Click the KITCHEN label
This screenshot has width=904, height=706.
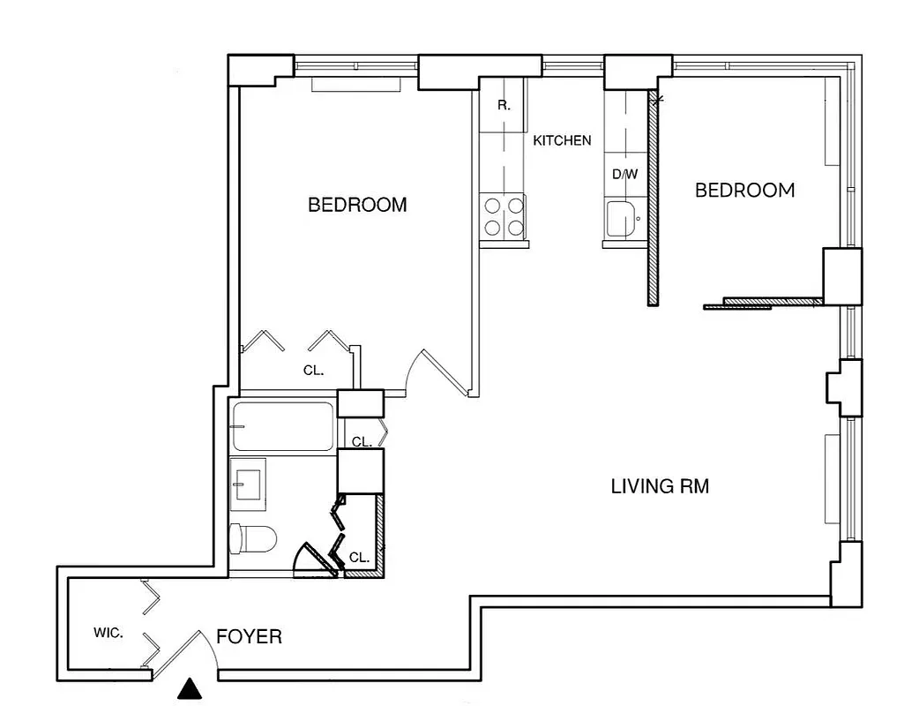(562, 140)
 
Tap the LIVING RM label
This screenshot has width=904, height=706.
(660, 486)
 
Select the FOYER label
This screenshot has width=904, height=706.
(250, 636)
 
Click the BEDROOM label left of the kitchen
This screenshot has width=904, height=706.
(357, 205)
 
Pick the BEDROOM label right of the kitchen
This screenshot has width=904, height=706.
(744, 190)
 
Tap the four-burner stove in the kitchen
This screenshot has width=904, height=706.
(503, 217)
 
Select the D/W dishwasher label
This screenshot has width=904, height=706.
(624, 174)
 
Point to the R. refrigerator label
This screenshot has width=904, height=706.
(503, 105)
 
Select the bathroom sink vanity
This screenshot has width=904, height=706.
(248, 483)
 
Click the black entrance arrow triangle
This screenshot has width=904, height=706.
(188, 688)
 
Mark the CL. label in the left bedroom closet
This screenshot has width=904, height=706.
(313, 371)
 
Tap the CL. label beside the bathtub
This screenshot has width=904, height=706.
(361, 441)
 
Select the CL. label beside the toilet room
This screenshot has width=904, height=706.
(358, 558)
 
